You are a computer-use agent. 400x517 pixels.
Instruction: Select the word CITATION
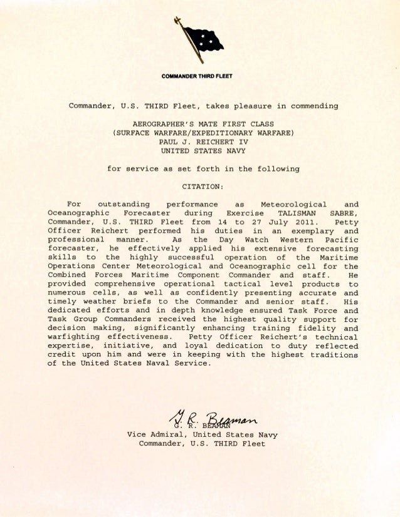202,187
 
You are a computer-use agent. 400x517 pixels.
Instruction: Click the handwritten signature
204,414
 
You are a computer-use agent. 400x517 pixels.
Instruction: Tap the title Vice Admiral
157,434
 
